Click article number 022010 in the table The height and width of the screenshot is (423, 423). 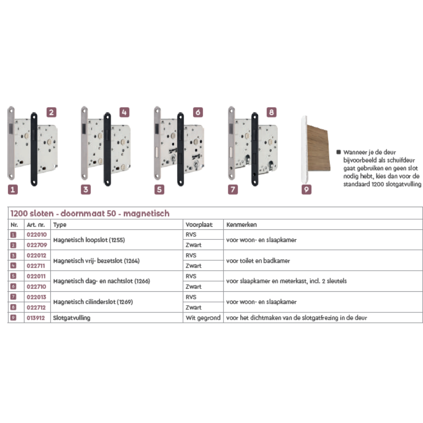click(37, 235)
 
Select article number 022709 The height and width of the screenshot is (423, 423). click(37, 245)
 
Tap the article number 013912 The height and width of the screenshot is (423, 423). click(36, 318)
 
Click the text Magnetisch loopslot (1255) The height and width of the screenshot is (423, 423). click(89, 240)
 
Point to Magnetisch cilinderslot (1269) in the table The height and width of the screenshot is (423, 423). click(93, 302)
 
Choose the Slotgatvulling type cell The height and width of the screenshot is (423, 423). click(71, 318)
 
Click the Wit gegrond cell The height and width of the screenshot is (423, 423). click(203, 318)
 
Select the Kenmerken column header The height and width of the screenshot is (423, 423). click(242, 225)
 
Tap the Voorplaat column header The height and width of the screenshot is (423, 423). click(199, 225)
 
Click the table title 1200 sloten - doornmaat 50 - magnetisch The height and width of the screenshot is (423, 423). click(90, 214)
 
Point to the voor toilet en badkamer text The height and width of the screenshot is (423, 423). click(258, 261)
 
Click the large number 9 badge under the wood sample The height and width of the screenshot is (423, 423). click(307, 190)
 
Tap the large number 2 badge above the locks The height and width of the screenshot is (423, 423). click(51, 112)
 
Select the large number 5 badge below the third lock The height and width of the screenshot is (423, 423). click(159, 190)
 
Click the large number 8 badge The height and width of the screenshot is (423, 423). click(271, 112)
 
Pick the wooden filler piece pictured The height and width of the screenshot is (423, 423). click(318, 148)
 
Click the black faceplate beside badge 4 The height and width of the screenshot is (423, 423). click(107, 149)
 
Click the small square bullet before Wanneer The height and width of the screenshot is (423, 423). click(338, 152)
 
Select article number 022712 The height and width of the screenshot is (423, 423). click(36, 307)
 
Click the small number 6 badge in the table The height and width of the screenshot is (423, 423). click(13, 287)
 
